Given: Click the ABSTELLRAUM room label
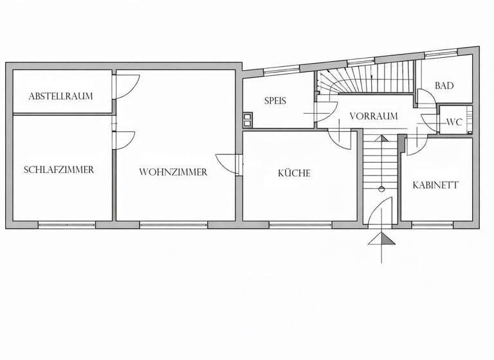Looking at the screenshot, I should (60, 96).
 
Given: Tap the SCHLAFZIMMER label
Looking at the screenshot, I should (59, 170).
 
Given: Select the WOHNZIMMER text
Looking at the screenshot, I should (173, 172).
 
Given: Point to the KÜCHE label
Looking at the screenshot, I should (294, 173).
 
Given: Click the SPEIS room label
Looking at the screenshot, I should (275, 101).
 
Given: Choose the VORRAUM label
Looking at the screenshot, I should (373, 116).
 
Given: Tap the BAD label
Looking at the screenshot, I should (444, 85).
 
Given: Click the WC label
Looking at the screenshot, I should (454, 122).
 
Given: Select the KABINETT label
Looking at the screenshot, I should (435, 185).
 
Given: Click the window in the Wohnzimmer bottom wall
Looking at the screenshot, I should (174, 224).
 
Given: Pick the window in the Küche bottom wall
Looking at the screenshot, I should (300, 224).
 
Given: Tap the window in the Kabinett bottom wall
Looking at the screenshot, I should (432, 224).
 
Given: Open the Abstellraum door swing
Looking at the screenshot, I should (126, 87).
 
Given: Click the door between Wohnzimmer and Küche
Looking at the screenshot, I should (228, 164).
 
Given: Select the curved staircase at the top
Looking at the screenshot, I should (367, 80).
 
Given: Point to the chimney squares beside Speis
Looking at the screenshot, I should (248, 118).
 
